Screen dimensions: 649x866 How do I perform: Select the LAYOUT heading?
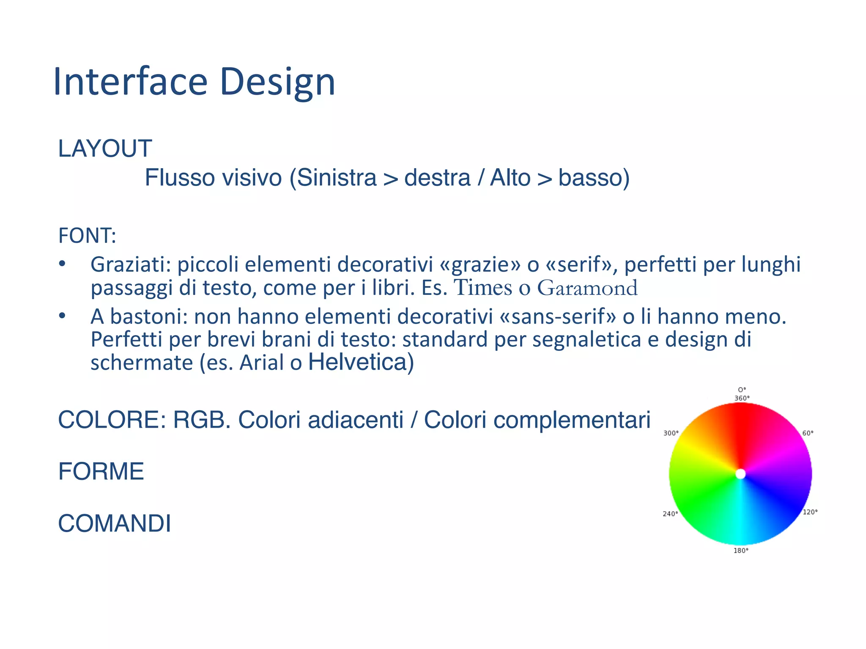coord(105,149)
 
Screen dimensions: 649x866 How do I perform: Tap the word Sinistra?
coord(336,177)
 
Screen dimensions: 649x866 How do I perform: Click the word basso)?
coord(594,177)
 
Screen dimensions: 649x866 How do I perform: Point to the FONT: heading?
coord(87,236)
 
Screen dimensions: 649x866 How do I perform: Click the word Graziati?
coord(130,265)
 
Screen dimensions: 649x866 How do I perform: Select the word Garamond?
coord(587,288)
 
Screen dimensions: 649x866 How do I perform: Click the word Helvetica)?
coord(361,362)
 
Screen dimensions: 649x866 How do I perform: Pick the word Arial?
coord(262,363)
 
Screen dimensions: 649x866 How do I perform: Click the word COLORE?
coord(112,420)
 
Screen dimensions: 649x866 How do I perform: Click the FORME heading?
coord(101,472)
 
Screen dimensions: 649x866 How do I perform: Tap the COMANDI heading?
coord(115,524)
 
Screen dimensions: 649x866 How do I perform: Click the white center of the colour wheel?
coord(740,474)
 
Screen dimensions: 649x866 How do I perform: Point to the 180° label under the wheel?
coord(741,551)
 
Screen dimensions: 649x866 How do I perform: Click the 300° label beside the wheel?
coord(671,433)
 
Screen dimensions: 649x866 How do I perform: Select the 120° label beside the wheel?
coord(810,512)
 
